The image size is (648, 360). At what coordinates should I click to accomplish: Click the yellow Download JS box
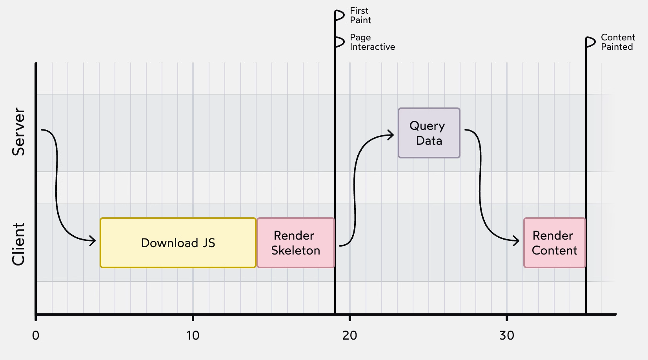[178, 243]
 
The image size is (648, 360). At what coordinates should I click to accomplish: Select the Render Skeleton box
[295, 243]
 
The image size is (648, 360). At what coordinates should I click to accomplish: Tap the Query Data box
[429, 133]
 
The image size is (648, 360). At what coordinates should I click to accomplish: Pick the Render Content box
[554, 243]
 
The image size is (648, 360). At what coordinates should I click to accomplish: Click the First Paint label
[360, 15]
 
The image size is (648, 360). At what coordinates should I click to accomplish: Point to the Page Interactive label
[372, 42]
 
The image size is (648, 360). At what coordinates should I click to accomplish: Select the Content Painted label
[617, 42]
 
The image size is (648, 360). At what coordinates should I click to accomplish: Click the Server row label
[18, 132]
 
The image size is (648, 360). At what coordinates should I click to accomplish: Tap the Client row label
[18, 244]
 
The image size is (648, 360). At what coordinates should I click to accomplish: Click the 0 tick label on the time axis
[36, 336]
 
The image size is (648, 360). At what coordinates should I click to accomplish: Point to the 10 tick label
[193, 336]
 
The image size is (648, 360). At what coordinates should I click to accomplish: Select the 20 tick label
[349, 336]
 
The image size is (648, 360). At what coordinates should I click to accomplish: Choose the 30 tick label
[506, 336]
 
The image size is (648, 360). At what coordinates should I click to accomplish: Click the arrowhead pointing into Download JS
[93, 240]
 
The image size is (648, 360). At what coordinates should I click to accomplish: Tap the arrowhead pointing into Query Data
[391, 135]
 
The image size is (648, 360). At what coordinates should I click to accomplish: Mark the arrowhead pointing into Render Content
[517, 240]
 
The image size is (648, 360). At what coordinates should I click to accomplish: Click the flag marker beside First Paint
[340, 16]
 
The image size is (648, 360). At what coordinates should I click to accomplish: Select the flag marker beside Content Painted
[591, 42]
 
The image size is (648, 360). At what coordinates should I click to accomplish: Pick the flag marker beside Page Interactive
[340, 42]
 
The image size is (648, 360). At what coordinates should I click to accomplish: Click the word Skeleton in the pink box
[295, 251]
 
